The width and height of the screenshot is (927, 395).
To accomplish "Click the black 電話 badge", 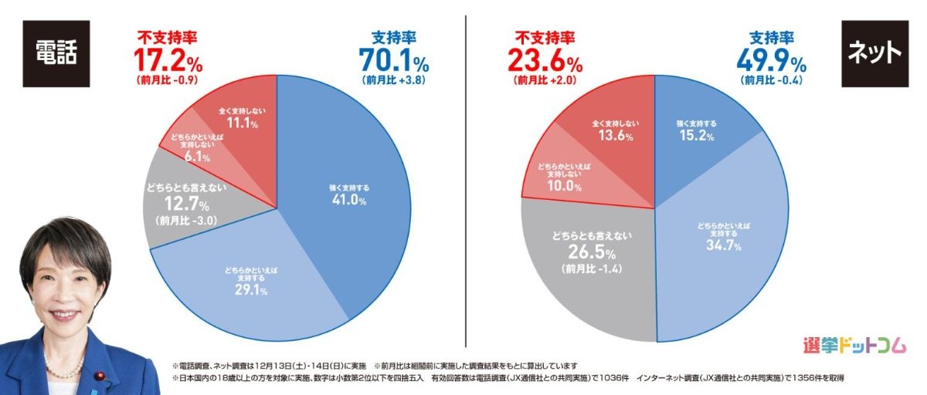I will [56, 52].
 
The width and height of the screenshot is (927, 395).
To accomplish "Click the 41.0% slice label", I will [345, 199].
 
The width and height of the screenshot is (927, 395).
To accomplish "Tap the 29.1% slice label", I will [253, 290].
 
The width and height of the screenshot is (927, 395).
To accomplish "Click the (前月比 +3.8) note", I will [394, 79].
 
